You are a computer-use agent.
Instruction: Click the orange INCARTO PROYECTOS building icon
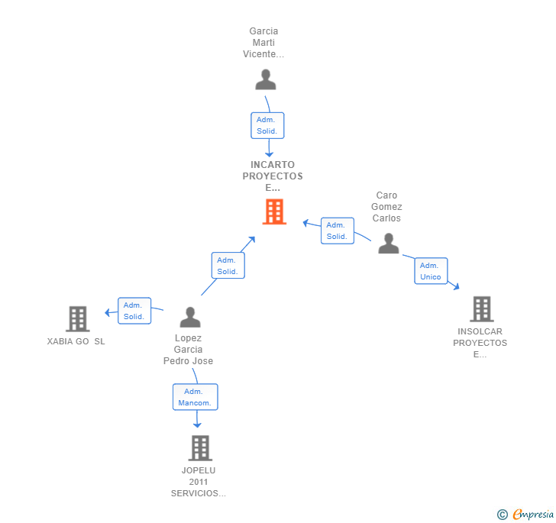(274, 211)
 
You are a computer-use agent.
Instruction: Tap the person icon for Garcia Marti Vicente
(265, 79)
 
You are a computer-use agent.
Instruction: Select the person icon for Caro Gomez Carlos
(389, 244)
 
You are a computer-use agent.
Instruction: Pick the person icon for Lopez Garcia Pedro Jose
(189, 317)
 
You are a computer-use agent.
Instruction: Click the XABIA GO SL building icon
(77, 318)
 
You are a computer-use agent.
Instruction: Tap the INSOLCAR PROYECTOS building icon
(481, 308)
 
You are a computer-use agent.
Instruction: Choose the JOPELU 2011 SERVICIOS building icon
(200, 448)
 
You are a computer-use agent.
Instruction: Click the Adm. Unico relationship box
(431, 271)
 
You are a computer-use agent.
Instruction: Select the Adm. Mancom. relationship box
(196, 397)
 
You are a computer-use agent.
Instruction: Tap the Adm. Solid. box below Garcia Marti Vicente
(267, 125)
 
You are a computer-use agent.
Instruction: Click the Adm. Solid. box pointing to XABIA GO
(134, 311)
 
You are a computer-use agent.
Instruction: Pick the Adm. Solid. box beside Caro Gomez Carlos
(337, 231)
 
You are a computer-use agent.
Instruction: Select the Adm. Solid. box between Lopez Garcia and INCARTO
(228, 266)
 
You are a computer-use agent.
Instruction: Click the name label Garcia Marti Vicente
(263, 43)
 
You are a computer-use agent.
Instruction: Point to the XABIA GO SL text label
(76, 341)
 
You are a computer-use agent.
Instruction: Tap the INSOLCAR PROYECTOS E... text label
(480, 343)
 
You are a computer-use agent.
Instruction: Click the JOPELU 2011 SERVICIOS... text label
(199, 482)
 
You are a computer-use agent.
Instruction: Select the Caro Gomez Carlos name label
(386, 207)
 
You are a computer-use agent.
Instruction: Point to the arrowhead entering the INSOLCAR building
(456, 287)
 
